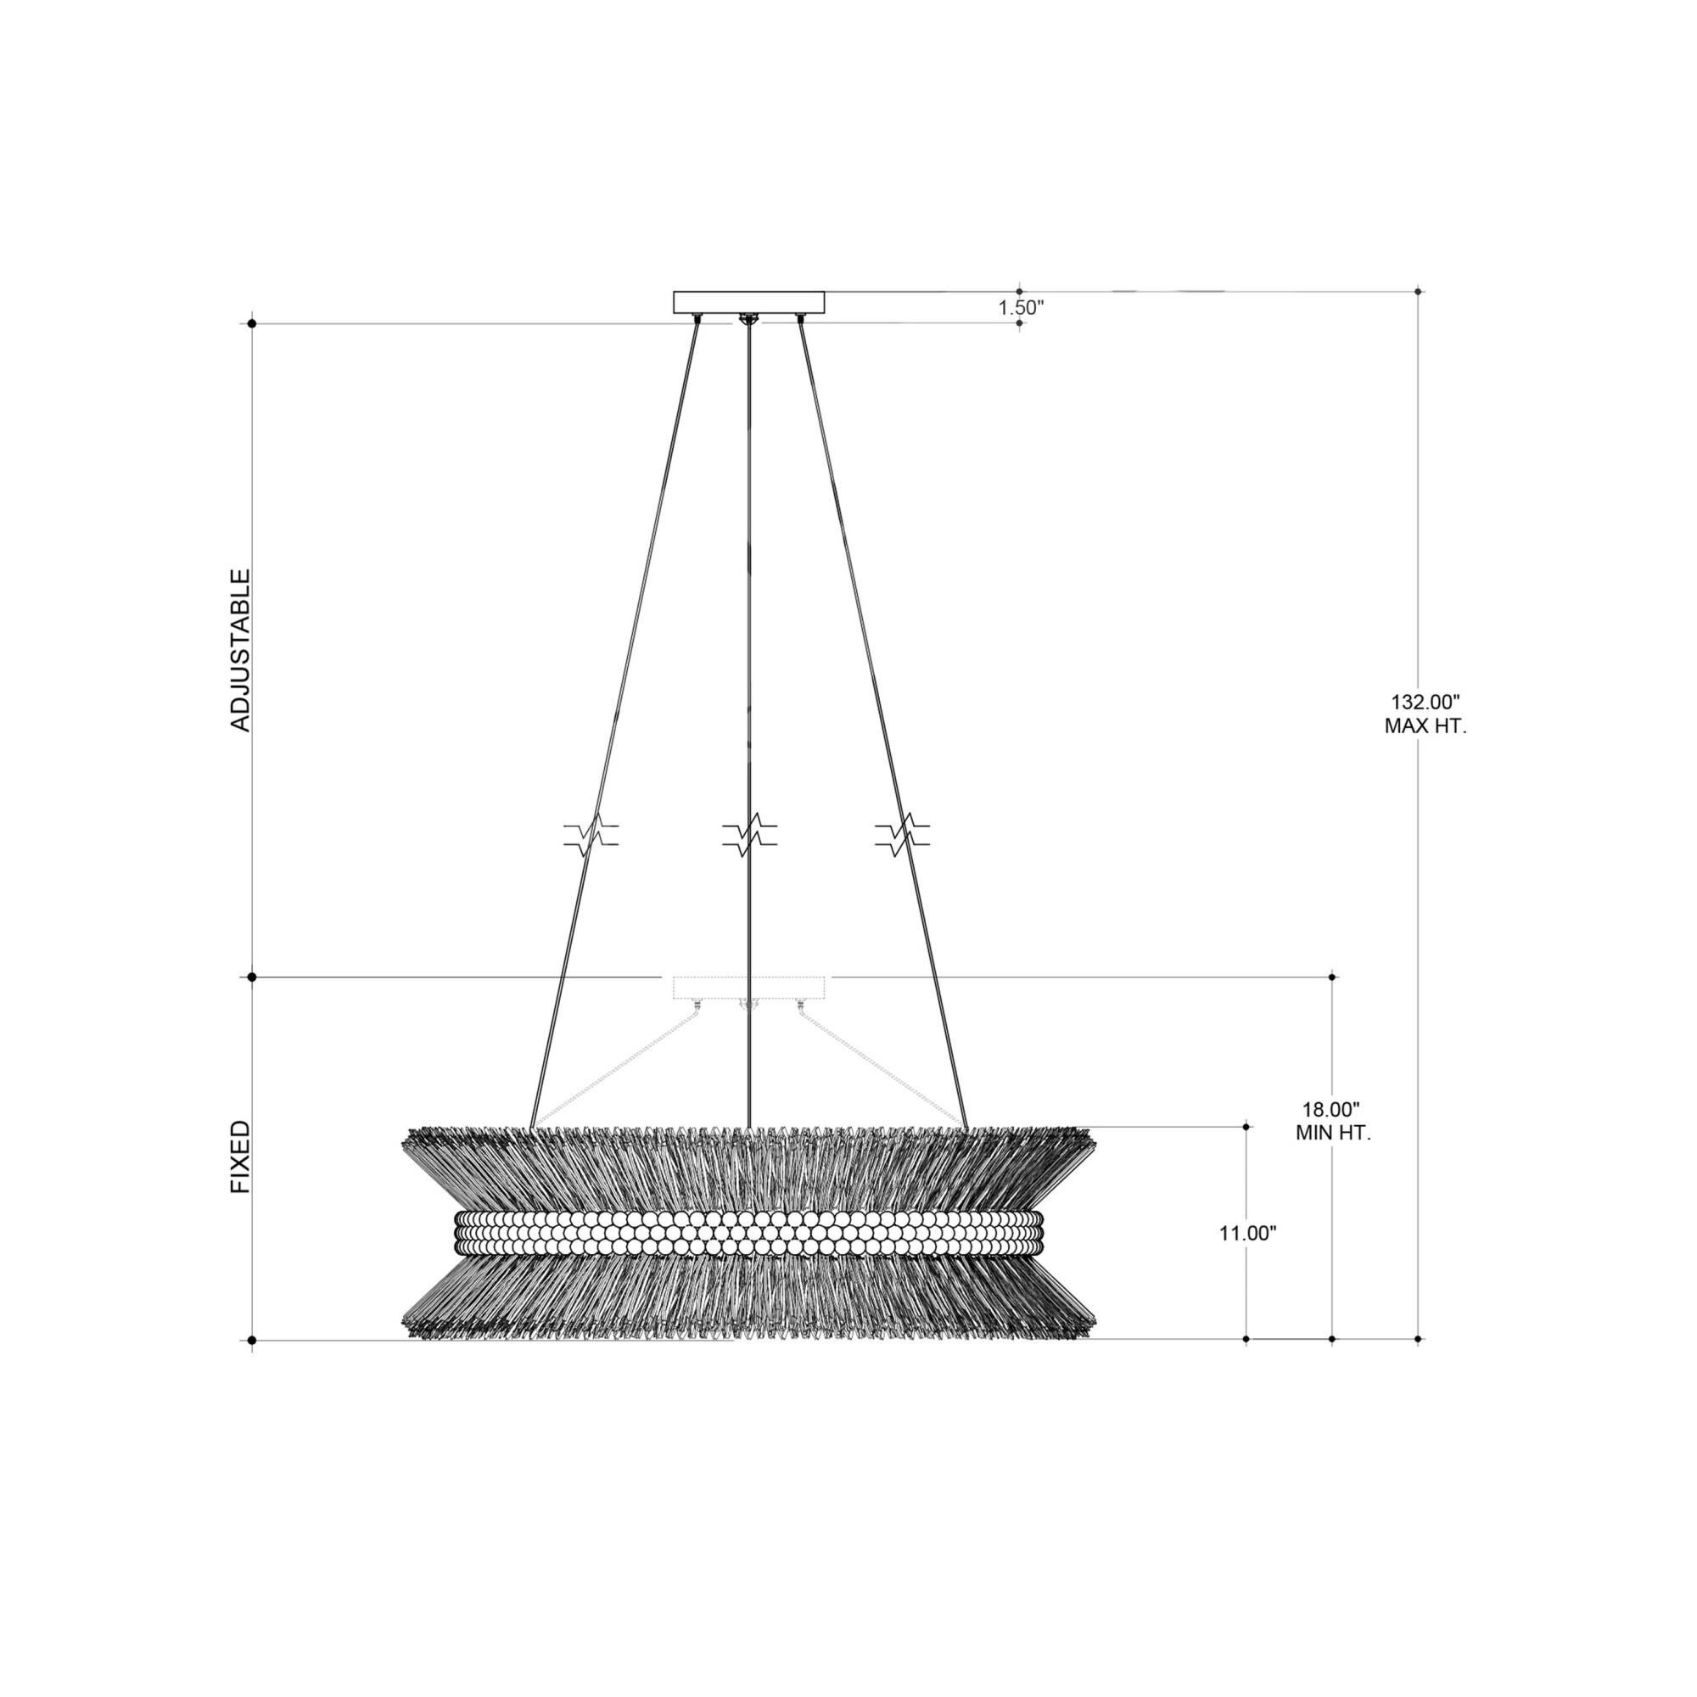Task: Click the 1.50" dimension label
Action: [1021, 307]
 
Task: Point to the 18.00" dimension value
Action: [1331, 1108]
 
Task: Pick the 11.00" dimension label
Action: [1247, 1233]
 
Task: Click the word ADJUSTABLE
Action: [240, 650]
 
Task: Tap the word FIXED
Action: [240, 1157]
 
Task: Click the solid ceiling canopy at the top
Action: [749, 302]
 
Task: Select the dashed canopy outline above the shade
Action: [749, 987]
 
